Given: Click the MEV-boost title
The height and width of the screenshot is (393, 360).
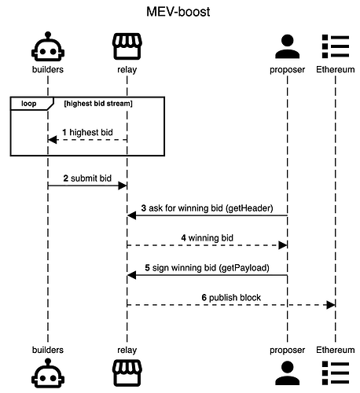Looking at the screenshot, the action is pyautogui.click(x=178, y=12).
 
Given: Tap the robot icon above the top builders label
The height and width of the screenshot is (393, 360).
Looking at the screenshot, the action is pyautogui.click(x=48, y=46).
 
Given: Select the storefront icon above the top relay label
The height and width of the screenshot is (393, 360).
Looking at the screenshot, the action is pyautogui.click(x=127, y=46).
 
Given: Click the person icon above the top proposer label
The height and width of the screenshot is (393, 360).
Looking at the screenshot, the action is pyautogui.click(x=287, y=46).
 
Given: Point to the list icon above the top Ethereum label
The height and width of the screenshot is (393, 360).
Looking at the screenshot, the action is pyautogui.click(x=336, y=46).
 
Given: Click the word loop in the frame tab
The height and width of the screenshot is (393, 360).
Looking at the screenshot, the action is pyautogui.click(x=29, y=104).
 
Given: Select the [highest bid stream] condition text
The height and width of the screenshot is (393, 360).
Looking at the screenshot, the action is pyautogui.click(x=98, y=104).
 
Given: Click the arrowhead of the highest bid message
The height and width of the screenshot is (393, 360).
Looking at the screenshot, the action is pyautogui.click(x=53, y=140).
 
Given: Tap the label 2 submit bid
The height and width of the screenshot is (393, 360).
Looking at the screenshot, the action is pyautogui.click(x=87, y=178).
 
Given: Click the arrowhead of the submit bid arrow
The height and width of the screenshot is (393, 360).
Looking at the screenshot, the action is pyautogui.click(x=123, y=185).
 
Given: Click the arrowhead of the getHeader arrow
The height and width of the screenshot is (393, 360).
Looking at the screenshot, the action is pyautogui.click(x=131, y=215).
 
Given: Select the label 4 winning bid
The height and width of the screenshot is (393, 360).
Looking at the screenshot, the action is pyautogui.click(x=207, y=238).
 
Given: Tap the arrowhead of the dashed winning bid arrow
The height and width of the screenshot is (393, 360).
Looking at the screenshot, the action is pyautogui.click(x=283, y=245).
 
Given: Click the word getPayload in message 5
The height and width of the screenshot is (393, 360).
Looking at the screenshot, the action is pyautogui.click(x=244, y=268).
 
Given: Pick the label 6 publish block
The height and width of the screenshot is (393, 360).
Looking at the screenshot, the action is pyautogui.click(x=231, y=298).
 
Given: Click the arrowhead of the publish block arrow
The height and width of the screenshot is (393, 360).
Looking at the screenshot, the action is pyautogui.click(x=331, y=305).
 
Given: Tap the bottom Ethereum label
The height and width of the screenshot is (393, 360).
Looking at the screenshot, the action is pyautogui.click(x=336, y=350).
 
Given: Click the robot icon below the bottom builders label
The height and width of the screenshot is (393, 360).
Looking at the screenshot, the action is pyautogui.click(x=48, y=373).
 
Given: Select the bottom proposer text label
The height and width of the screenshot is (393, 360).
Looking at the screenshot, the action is pyautogui.click(x=287, y=350).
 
